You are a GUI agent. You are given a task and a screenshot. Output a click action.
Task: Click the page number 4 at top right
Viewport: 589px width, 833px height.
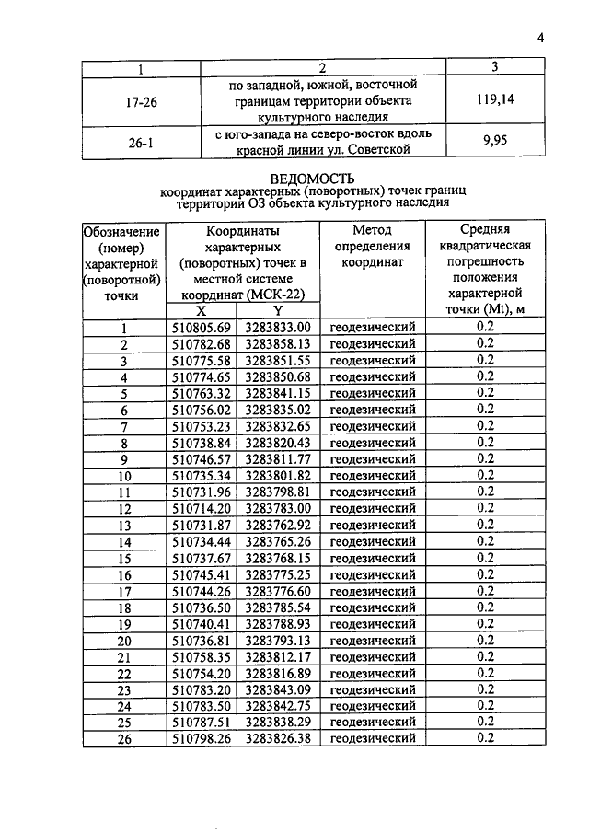[542, 38]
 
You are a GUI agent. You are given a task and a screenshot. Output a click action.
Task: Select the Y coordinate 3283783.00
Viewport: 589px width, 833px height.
[278, 508]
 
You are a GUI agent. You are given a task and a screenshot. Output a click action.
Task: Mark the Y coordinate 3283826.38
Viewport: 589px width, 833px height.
[278, 738]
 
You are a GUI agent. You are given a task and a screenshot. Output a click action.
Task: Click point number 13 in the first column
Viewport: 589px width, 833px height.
[125, 525]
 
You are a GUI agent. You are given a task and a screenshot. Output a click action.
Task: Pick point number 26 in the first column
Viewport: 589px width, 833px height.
[125, 738]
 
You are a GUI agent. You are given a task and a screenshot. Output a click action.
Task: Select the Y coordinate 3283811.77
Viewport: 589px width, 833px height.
[278, 458]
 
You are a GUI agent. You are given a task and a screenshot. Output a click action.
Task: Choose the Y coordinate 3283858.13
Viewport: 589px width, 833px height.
[278, 343]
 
